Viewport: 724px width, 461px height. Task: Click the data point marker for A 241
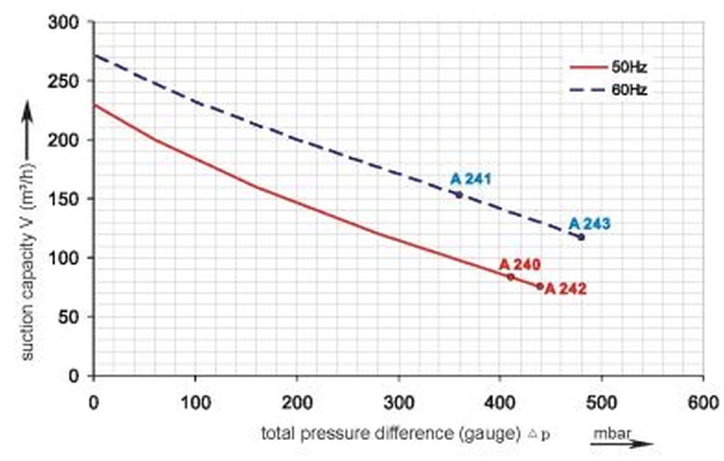click(x=458, y=195)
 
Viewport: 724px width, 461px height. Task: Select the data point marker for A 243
click(x=581, y=237)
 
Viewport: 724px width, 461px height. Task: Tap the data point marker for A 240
click(x=510, y=277)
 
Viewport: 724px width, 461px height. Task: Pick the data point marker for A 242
click(x=539, y=287)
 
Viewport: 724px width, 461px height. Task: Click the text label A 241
click(x=471, y=179)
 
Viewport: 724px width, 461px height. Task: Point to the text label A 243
click(x=589, y=224)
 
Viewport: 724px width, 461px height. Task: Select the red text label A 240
click(x=520, y=264)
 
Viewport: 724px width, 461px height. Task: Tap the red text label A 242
click(x=565, y=289)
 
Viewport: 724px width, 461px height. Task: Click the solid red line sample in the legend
click(x=586, y=67)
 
